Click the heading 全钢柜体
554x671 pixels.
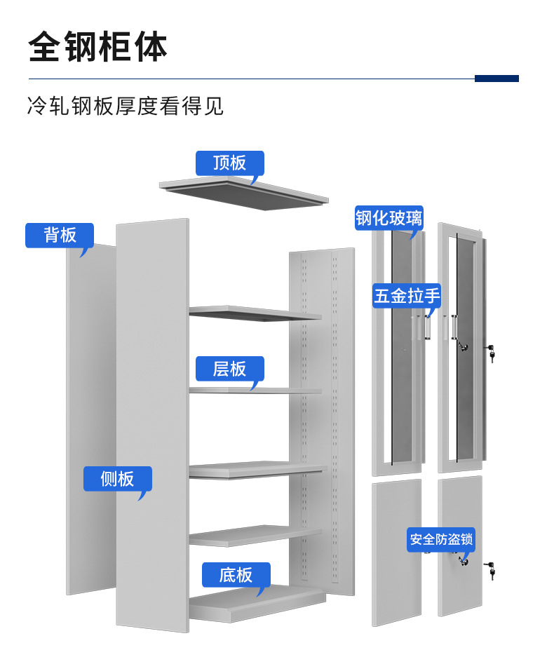[98, 47]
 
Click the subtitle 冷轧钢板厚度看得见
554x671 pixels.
[126, 107]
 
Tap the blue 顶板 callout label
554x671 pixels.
[229, 163]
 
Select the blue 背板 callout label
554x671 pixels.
[60, 235]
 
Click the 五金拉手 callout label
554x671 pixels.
[407, 296]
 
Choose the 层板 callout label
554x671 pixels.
[229, 368]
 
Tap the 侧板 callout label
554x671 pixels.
[117, 479]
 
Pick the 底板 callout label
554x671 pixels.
[236, 575]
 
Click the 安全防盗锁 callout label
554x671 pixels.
[441, 540]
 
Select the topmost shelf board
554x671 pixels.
[254, 313]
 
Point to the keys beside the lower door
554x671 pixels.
[492, 570]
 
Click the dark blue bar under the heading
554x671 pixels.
[496, 79]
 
